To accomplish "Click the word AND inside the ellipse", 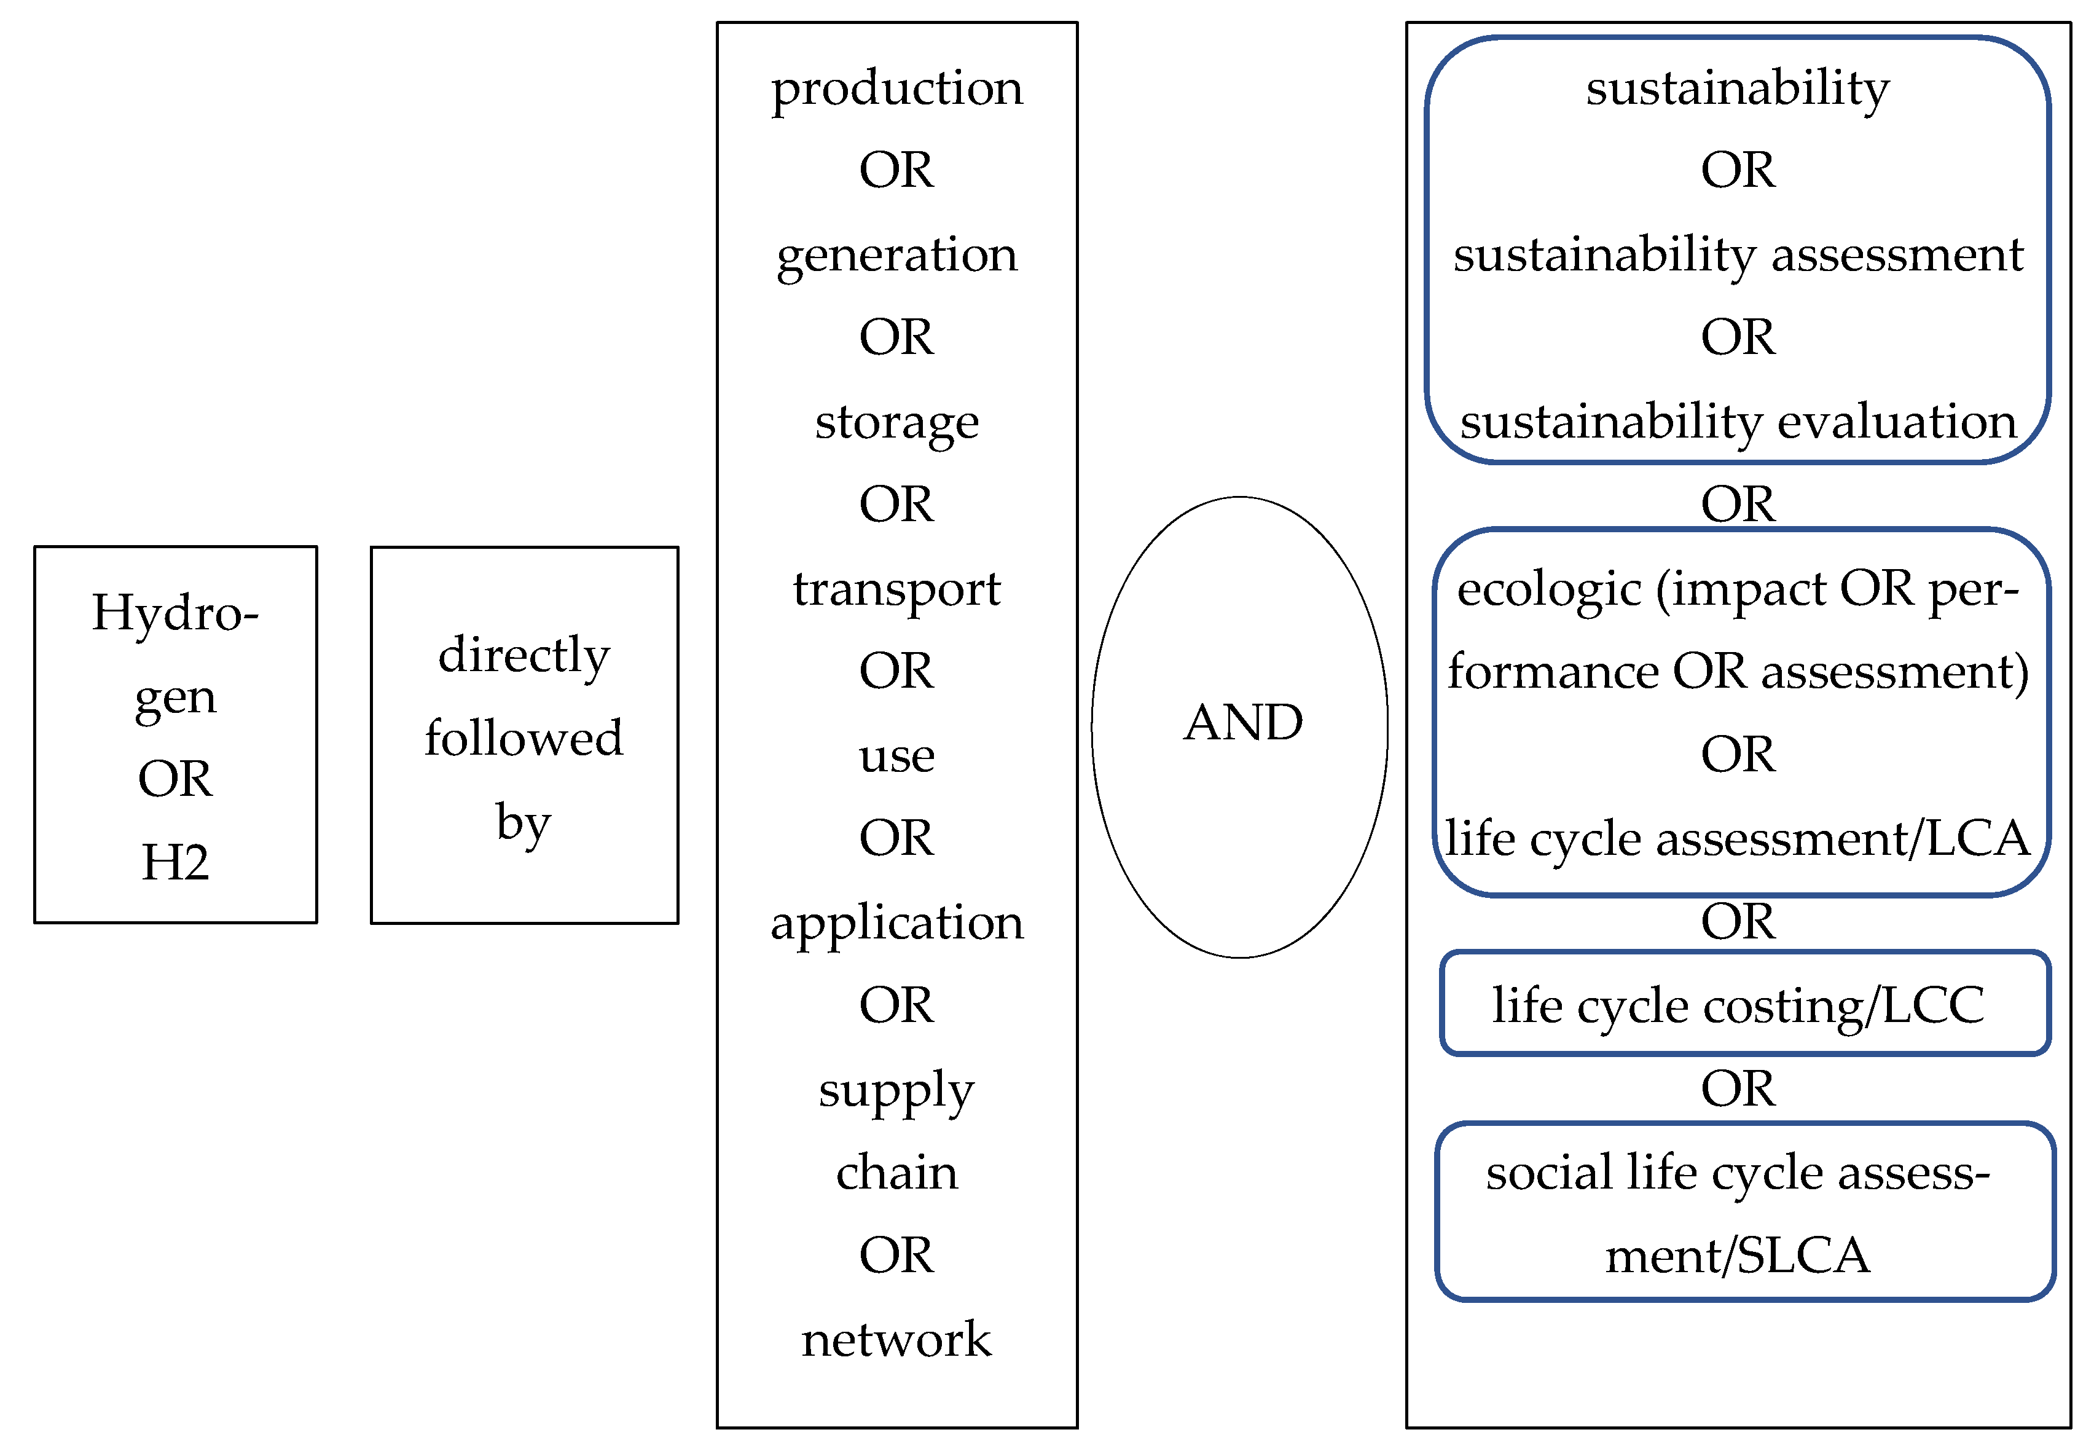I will [1242, 724].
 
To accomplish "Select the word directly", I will [523, 656].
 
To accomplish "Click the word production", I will [897, 89].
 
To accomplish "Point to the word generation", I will [897, 256].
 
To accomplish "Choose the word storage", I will [897, 423].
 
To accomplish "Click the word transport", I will [897, 590].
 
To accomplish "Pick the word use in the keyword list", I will [897, 757].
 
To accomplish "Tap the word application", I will [897, 924].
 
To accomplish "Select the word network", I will [897, 1340].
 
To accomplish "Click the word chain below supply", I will [897, 1173].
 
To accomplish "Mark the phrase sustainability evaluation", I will [1738, 423].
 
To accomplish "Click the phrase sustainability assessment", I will [1738, 256].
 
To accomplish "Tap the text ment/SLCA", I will [1738, 1256].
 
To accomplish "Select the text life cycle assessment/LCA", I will [1738, 839].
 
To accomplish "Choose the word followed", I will [523, 737].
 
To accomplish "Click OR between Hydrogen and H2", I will [175, 779].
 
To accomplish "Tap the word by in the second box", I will [523, 824].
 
